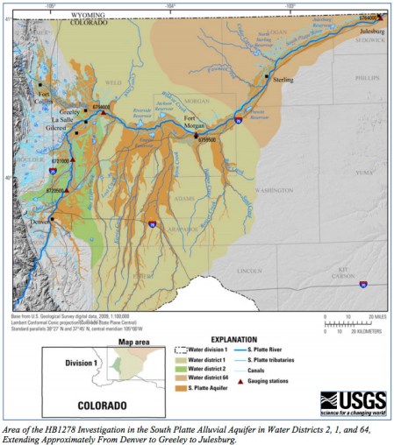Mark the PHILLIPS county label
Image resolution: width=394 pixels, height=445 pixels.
367,78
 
